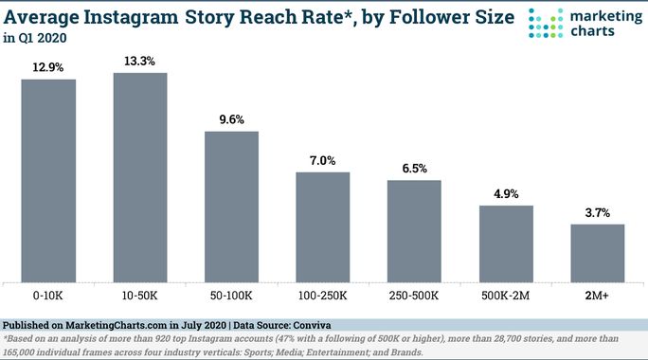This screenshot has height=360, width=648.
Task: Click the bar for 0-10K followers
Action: (x=48, y=180)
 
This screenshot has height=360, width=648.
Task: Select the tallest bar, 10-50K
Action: (x=140, y=177)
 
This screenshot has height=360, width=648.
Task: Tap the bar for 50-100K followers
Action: (x=232, y=207)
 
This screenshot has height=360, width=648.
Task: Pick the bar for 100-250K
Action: (x=323, y=226)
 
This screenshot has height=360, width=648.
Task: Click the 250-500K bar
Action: (x=414, y=230)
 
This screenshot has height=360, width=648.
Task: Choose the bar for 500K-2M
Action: (x=506, y=243)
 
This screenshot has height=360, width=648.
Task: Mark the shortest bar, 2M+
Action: (x=597, y=252)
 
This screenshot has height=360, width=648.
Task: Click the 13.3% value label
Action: (x=140, y=62)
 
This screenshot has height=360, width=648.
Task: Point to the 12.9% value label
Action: (x=48, y=67)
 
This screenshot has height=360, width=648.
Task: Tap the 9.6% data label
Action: (x=232, y=120)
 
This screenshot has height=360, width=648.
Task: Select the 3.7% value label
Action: (x=597, y=213)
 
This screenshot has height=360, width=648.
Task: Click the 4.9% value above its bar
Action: (x=506, y=194)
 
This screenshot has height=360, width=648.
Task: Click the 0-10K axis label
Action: (x=48, y=297)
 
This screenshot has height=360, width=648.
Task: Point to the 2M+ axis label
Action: (x=597, y=297)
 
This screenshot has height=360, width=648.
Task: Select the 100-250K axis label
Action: (x=323, y=297)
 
